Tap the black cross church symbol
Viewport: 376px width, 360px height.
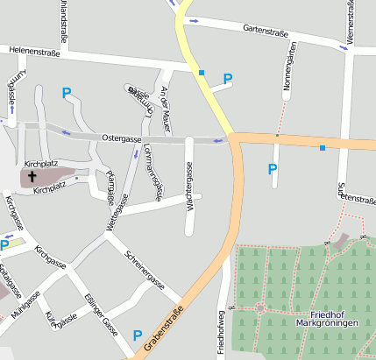pyautogui.click(x=32, y=177)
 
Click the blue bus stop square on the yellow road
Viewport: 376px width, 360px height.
pyautogui.click(x=202, y=72)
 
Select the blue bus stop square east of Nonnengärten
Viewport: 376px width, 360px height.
pyautogui.click(x=323, y=148)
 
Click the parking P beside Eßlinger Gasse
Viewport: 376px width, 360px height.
pyautogui.click(x=137, y=335)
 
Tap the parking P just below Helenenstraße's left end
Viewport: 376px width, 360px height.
pyautogui.click(x=67, y=91)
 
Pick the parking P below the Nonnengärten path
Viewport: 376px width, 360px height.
pyautogui.click(x=272, y=169)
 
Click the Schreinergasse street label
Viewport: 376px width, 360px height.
pyautogui.click(x=145, y=272)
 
